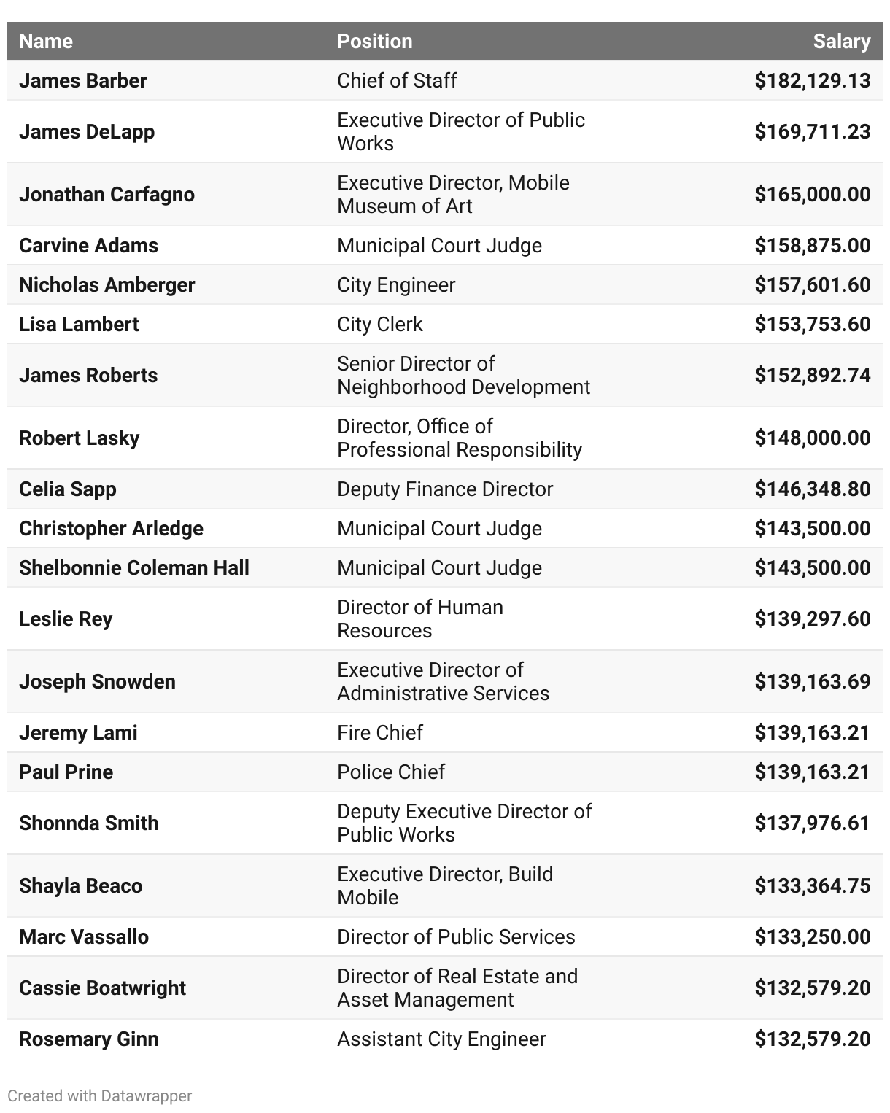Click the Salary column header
[x=841, y=42]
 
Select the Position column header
[x=374, y=42]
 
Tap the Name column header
[x=46, y=42]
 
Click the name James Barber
[x=82, y=81]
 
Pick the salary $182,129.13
[x=812, y=81]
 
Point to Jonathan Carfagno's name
[x=107, y=195]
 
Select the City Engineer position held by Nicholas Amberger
[x=395, y=285]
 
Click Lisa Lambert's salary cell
[x=812, y=325]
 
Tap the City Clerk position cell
[x=379, y=325]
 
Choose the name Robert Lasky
[x=79, y=438]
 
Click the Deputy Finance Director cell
[x=444, y=489]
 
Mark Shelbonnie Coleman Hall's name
[x=133, y=568]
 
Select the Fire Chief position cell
[x=379, y=733]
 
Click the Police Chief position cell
[x=390, y=772]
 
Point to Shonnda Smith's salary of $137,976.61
[x=812, y=823]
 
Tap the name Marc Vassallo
[x=83, y=937]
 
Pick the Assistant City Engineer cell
[x=441, y=1039]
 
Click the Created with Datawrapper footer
[x=99, y=1096]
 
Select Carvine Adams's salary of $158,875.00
[x=812, y=246]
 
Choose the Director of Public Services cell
[x=455, y=937]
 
